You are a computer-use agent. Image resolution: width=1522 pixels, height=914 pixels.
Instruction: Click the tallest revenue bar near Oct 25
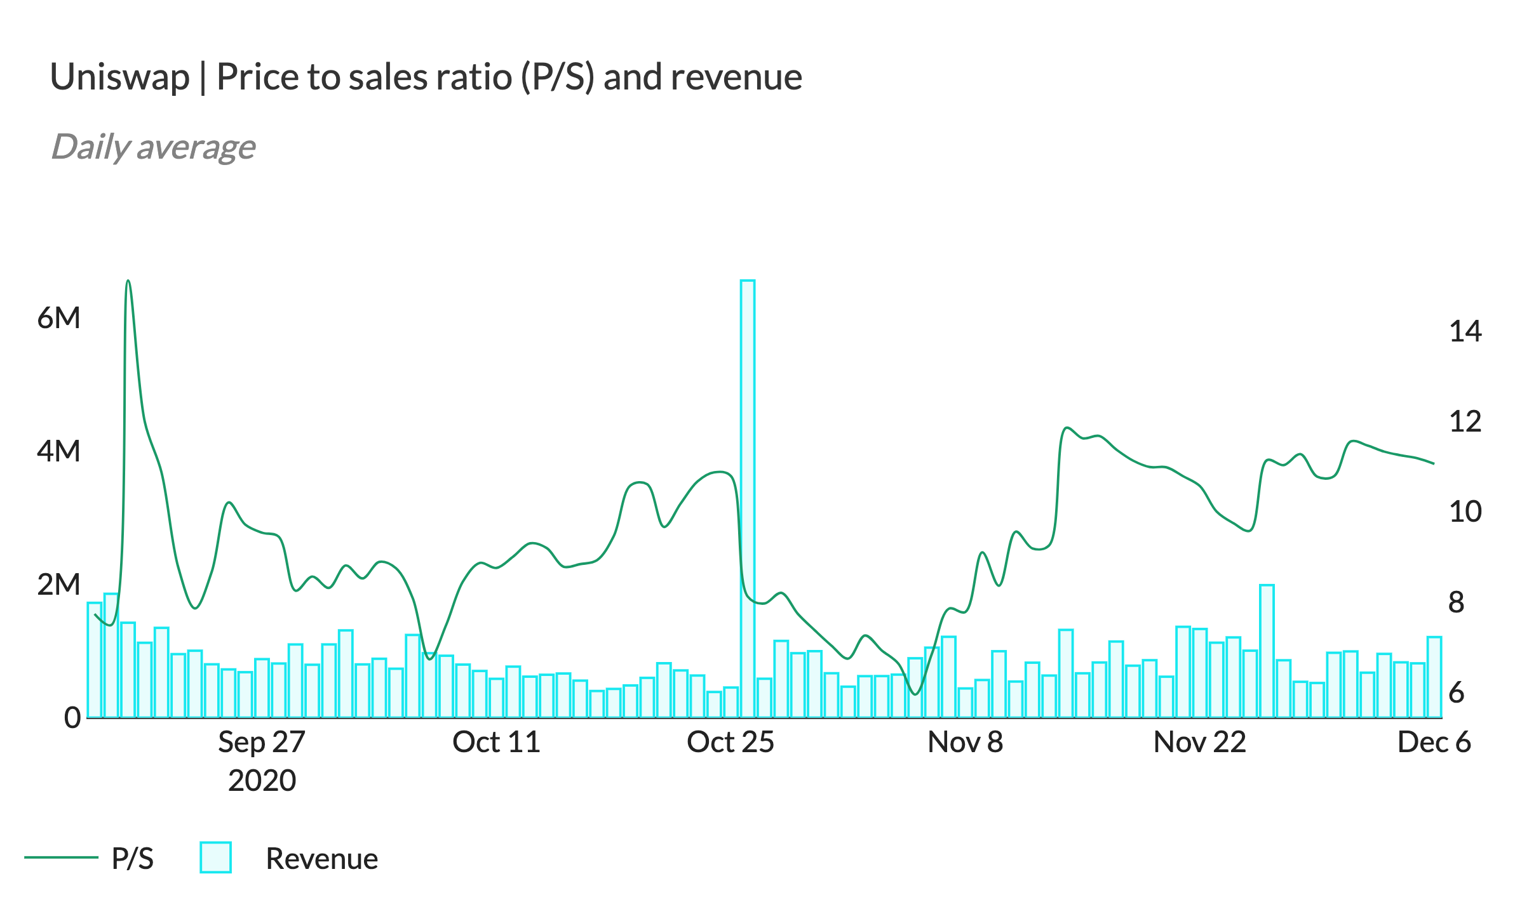[x=747, y=498]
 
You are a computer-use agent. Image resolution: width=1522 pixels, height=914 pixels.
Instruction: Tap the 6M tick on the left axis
[x=59, y=318]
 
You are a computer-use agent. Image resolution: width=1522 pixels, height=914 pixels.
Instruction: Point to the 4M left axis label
[x=59, y=451]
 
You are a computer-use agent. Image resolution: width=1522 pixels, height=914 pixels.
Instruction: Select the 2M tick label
[x=59, y=585]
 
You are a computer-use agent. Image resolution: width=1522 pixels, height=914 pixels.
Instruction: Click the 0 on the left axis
[x=72, y=718]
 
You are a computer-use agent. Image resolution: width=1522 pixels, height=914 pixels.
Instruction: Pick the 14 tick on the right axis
[x=1465, y=331]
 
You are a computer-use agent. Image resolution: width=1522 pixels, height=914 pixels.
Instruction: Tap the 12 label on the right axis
[x=1465, y=421]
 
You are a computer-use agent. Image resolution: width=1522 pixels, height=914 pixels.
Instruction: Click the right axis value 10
[x=1465, y=512]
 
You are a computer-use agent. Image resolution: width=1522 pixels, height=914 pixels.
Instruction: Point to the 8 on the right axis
[x=1457, y=602]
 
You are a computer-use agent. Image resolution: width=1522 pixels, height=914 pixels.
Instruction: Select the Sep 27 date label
[x=262, y=742]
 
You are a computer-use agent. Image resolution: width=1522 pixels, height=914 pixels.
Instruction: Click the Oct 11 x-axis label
[x=496, y=742]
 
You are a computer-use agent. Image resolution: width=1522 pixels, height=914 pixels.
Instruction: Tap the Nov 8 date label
[x=965, y=742]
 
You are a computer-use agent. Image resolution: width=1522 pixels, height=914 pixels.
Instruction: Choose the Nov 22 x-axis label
[x=1199, y=742]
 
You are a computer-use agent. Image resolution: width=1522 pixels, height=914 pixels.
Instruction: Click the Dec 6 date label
[x=1434, y=742]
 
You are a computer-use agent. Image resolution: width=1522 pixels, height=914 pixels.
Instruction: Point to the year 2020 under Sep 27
[x=262, y=780]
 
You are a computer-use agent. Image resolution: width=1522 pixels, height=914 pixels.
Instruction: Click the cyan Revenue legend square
[x=215, y=858]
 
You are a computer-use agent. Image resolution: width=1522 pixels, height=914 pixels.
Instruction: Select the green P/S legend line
[x=61, y=858]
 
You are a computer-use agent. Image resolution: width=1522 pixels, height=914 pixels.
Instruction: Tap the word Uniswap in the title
[x=120, y=77]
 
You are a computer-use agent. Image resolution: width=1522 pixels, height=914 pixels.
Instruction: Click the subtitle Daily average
[x=153, y=147]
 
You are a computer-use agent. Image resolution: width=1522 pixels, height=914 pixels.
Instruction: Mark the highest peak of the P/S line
[x=128, y=281]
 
